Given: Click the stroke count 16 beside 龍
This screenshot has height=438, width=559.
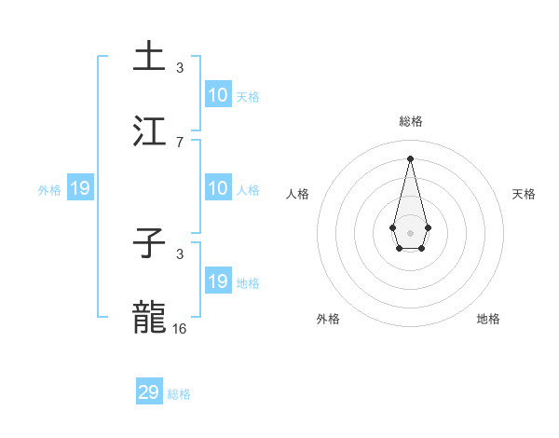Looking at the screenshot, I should pyautogui.click(x=180, y=328).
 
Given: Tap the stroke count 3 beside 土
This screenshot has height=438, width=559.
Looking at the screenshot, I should pyautogui.click(x=180, y=67).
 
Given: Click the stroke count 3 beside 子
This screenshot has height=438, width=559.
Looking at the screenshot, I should pyautogui.click(x=180, y=253).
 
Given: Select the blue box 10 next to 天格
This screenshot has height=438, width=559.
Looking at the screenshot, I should pyautogui.click(x=218, y=95).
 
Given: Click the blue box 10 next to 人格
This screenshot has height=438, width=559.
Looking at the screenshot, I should pyautogui.click(x=218, y=188).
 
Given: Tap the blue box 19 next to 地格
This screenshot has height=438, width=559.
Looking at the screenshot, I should pyautogui.click(x=218, y=281).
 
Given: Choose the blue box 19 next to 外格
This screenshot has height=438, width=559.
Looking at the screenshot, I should pyautogui.click(x=80, y=188).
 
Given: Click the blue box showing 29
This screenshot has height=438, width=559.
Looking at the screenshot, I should pyautogui.click(x=149, y=392).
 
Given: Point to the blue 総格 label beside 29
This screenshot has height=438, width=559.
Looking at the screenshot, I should pyautogui.click(x=179, y=394).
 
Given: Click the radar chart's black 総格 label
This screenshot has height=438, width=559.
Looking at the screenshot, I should pyautogui.click(x=410, y=121).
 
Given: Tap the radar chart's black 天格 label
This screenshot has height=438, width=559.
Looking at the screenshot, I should pyautogui.click(x=524, y=194).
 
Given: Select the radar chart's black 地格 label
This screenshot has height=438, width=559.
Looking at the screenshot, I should pyautogui.click(x=488, y=319).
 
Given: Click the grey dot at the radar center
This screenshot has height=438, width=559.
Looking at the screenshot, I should pyautogui.click(x=410, y=232).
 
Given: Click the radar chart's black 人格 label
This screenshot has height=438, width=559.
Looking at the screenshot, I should pyautogui.click(x=298, y=194).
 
